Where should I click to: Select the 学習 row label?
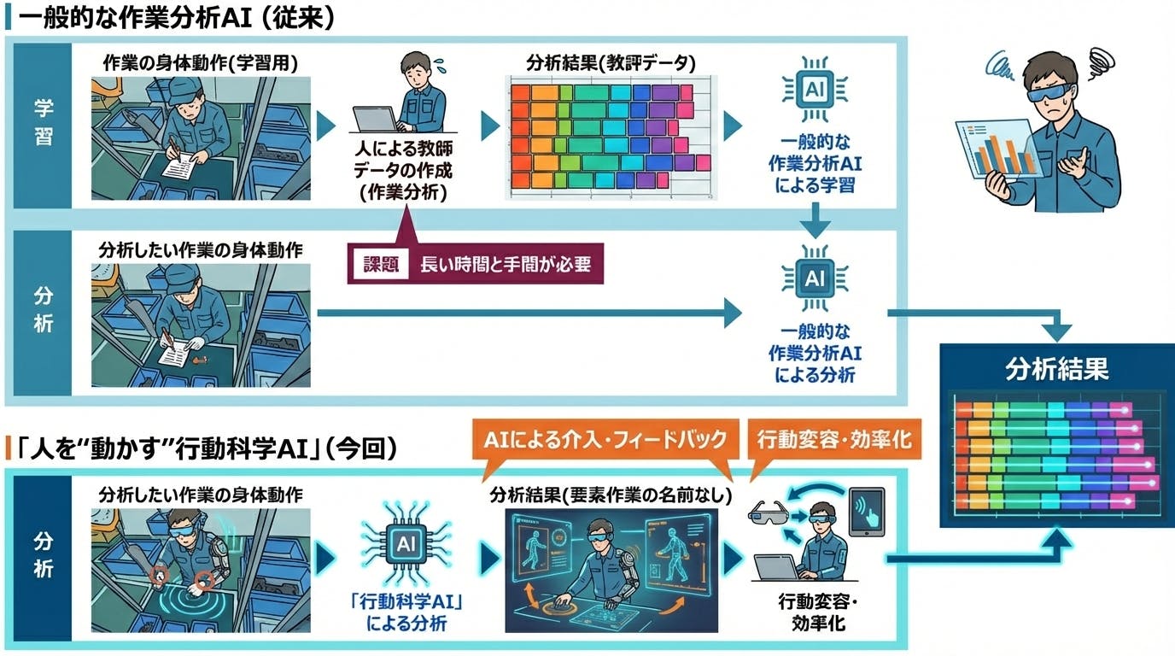(x=43, y=125)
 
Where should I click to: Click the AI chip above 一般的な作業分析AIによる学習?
(x=815, y=89)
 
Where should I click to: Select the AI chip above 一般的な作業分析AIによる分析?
(x=815, y=278)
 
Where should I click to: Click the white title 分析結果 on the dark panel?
(x=1056, y=368)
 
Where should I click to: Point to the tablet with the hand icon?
(x=866, y=511)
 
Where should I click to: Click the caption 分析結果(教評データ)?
(x=611, y=62)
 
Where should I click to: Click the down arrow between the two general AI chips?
(x=815, y=224)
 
